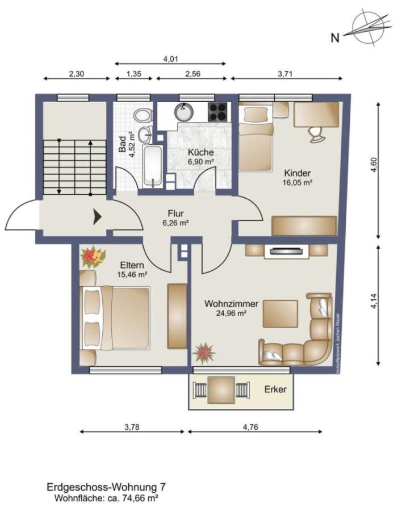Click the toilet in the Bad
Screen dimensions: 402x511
click(x=143, y=115)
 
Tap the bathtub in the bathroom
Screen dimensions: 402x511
click(x=153, y=166)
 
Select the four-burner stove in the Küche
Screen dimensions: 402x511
click(x=218, y=112)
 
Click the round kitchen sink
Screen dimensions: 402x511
click(x=184, y=111)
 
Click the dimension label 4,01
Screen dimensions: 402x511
click(x=170, y=59)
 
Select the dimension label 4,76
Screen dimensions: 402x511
click(x=250, y=427)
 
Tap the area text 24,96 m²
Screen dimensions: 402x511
click(x=231, y=313)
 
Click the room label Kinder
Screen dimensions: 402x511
click(x=298, y=173)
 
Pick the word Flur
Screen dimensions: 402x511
click(x=175, y=213)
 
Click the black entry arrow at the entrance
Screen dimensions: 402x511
click(x=97, y=217)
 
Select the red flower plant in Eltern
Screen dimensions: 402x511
click(x=93, y=257)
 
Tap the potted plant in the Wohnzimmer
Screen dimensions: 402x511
click(x=204, y=353)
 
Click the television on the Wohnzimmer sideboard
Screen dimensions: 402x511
click(x=286, y=251)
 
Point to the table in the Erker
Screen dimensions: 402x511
click(x=221, y=389)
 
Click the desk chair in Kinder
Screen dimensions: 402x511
click(x=316, y=134)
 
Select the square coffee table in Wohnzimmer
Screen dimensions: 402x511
click(x=280, y=313)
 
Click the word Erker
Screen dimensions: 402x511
click(x=275, y=389)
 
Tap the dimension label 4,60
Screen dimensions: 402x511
click(x=374, y=165)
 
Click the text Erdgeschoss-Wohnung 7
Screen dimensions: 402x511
click(x=106, y=487)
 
